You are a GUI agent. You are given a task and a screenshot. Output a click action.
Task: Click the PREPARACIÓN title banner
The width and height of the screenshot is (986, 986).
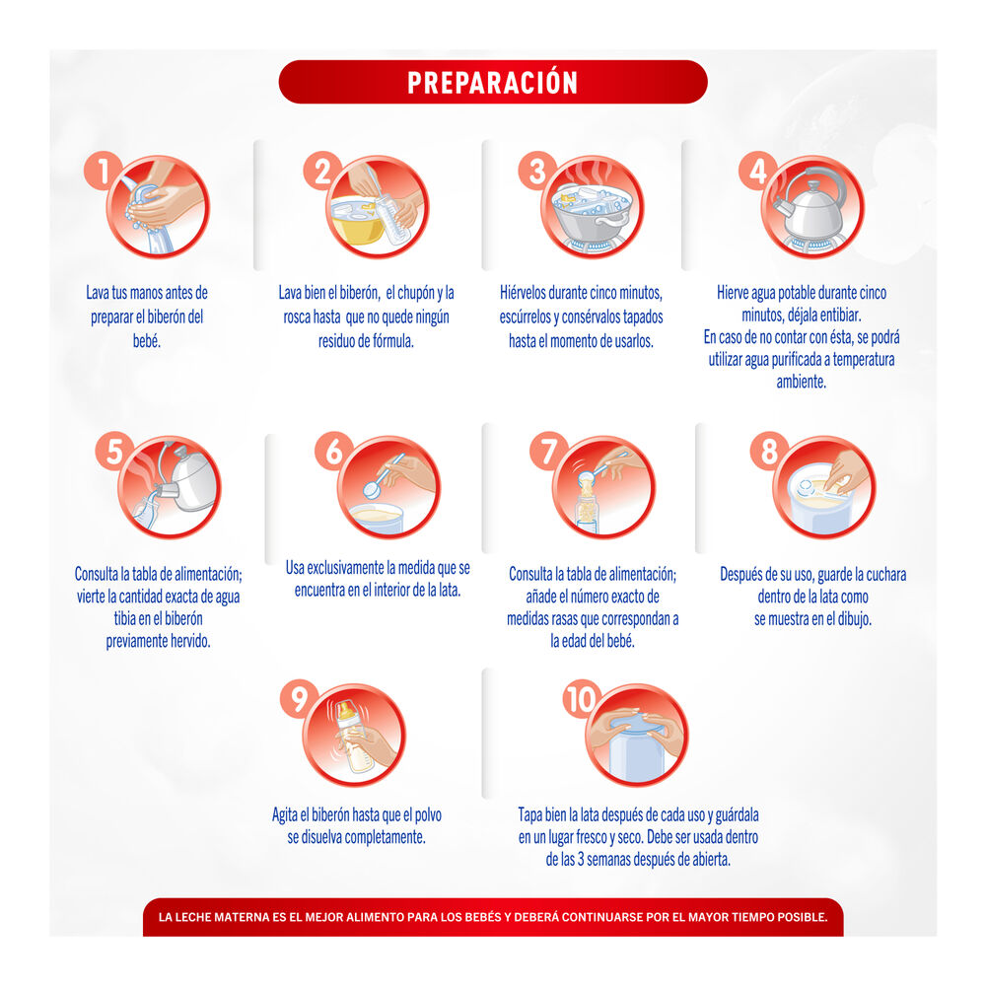click(492, 82)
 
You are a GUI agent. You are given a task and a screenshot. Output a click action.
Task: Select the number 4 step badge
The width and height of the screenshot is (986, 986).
click(757, 172)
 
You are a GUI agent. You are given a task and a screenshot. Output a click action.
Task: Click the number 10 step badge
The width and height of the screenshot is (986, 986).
click(582, 701)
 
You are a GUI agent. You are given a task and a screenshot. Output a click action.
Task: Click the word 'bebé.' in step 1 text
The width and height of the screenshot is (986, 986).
click(145, 340)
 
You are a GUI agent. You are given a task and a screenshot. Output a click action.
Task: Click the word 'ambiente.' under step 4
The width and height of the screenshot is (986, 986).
click(801, 382)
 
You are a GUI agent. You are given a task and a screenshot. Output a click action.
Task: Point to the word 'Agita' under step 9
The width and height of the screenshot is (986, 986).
click(287, 815)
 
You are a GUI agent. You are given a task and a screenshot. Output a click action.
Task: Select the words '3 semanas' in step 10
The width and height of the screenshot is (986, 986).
click(615, 859)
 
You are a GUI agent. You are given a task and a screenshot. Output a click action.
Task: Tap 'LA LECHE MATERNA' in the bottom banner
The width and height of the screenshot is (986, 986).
click(211, 917)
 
